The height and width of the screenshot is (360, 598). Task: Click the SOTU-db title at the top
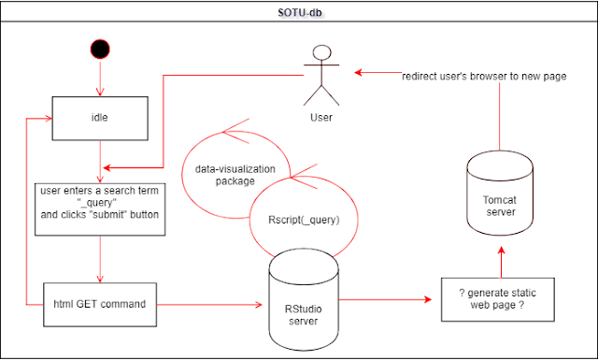click(x=299, y=12)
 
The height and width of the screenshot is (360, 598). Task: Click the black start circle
click(x=100, y=50)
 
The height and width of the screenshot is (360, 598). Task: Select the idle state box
click(x=100, y=119)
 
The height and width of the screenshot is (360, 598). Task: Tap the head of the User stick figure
click(x=322, y=52)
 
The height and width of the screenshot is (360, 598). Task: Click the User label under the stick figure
click(x=321, y=118)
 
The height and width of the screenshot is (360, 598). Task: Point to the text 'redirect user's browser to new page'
click(x=484, y=77)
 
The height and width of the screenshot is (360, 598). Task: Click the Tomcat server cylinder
click(x=500, y=194)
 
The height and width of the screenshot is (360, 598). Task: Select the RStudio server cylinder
click(x=304, y=299)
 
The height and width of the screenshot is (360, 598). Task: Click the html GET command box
click(x=100, y=305)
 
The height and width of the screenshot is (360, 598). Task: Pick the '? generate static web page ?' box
click(x=498, y=299)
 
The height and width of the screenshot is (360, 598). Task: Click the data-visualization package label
click(x=235, y=175)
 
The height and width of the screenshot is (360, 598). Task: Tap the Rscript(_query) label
click(x=304, y=220)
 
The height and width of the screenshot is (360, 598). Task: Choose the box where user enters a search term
click(x=100, y=209)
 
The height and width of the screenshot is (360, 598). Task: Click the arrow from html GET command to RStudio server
click(x=209, y=305)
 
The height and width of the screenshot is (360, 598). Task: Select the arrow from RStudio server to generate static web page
click(x=385, y=299)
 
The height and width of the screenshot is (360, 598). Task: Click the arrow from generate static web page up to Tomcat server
click(x=501, y=262)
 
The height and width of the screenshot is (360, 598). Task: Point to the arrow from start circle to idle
click(x=100, y=78)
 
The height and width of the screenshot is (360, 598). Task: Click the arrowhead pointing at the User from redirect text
click(x=358, y=72)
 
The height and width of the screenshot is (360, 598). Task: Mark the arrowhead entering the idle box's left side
click(x=49, y=119)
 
